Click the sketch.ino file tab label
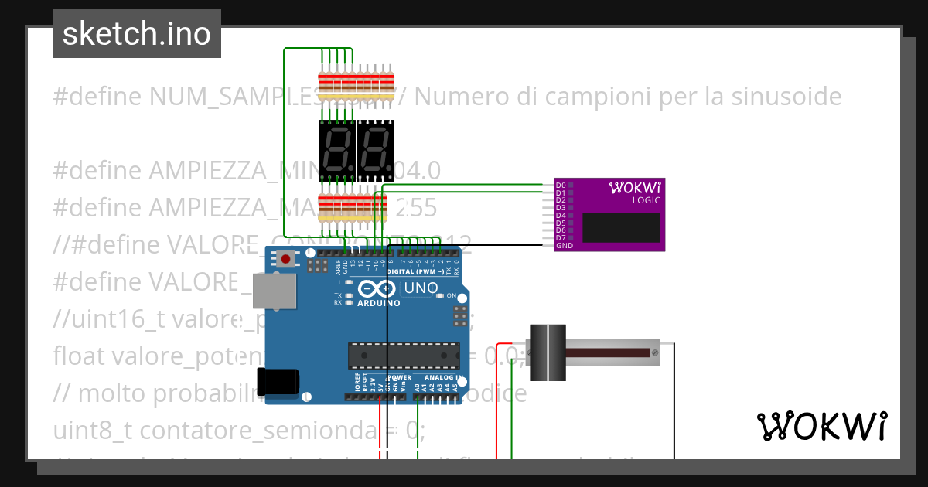(136, 34)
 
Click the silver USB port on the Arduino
(276, 293)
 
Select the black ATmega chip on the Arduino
(403, 355)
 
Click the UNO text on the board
(421, 288)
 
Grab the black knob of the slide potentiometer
(548, 352)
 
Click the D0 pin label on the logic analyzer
(561, 186)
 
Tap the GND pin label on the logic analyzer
(564, 245)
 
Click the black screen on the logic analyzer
(621, 227)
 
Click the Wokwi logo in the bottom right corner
(821, 426)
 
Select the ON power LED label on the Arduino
(452, 296)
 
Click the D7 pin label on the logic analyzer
(561, 237)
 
